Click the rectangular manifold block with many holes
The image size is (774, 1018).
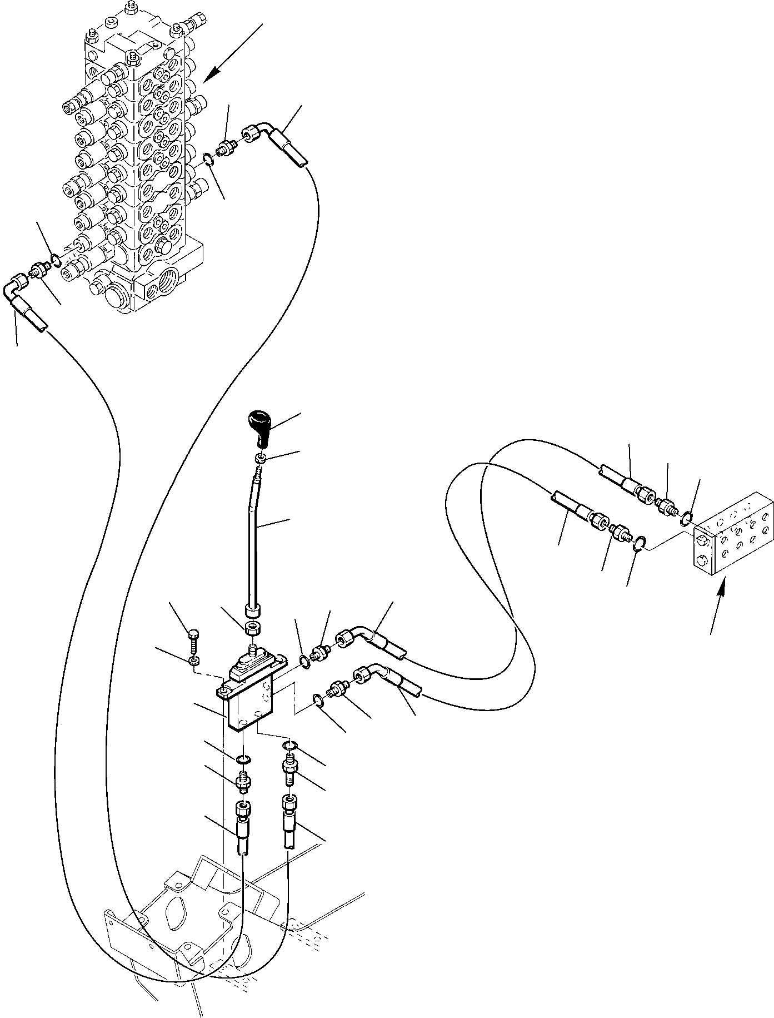pos(733,533)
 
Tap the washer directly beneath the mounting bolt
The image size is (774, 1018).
pos(193,661)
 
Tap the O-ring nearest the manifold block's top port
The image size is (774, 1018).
pos(686,519)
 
